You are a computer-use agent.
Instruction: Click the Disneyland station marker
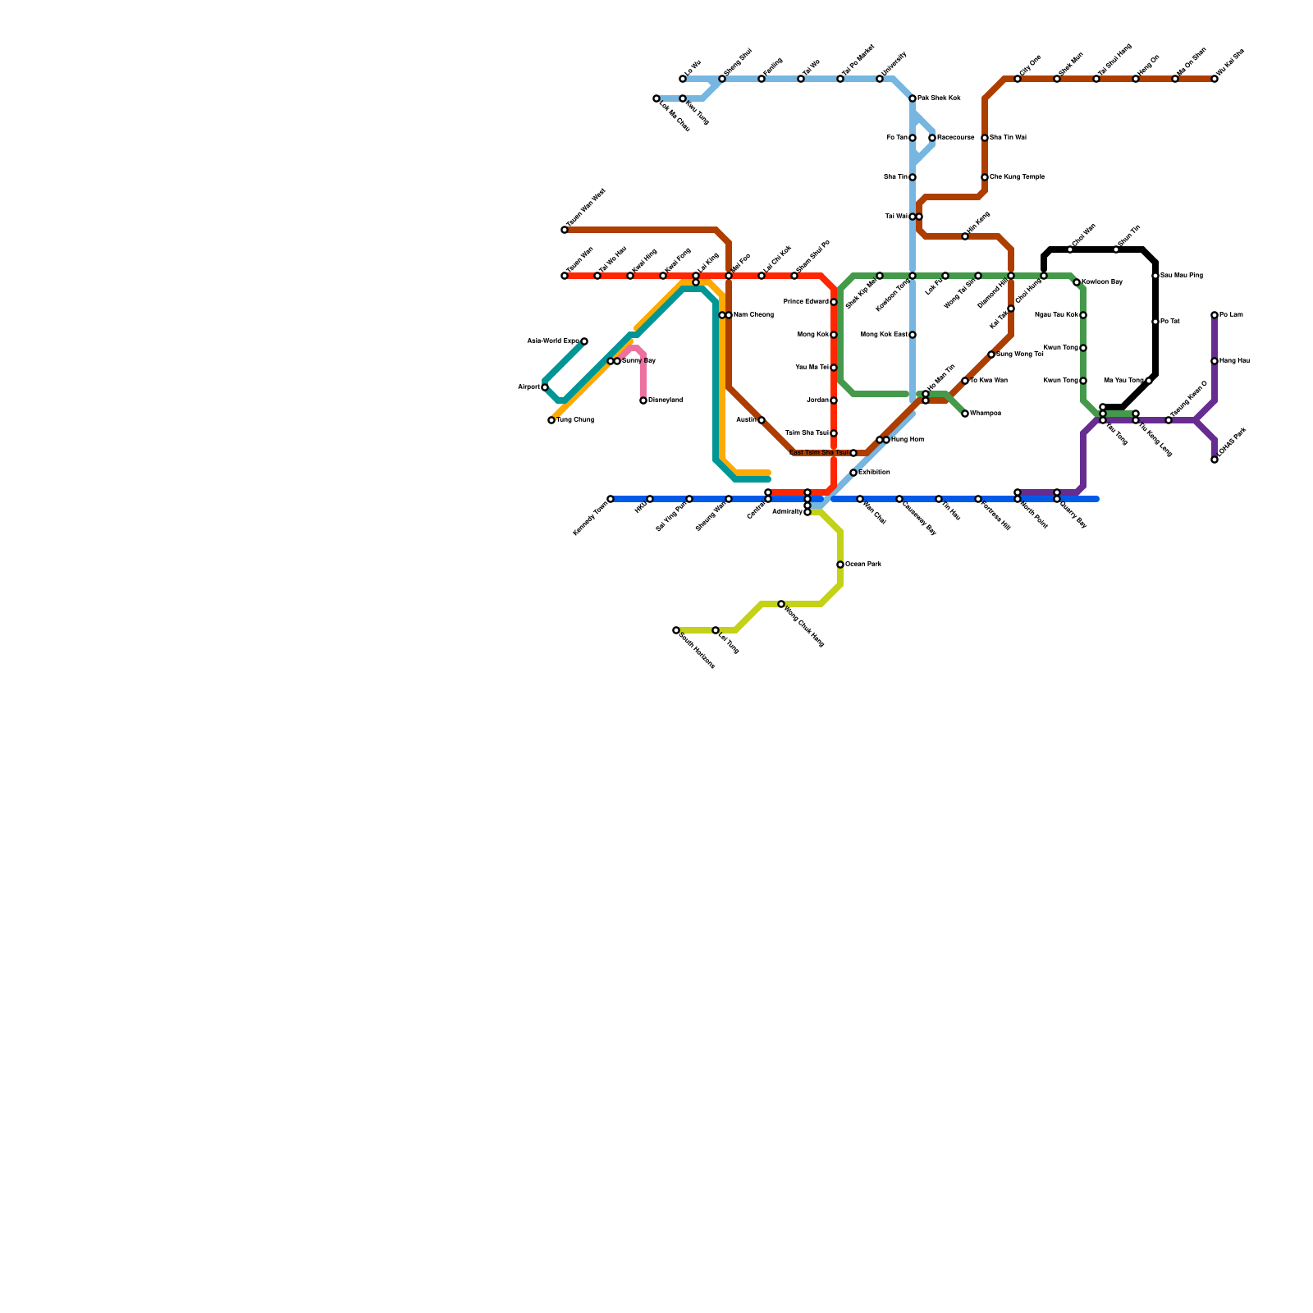tap(643, 400)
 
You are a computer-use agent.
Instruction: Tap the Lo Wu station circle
tap(683, 79)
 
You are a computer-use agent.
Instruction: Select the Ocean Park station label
tap(863, 565)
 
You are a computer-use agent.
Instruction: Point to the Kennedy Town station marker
tap(611, 499)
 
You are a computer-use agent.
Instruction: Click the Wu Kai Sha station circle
tap(1215, 79)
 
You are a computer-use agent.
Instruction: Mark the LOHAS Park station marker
tap(1215, 460)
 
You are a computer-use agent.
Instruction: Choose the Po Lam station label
tap(1231, 315)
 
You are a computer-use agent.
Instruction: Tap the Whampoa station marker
tap(965, 414)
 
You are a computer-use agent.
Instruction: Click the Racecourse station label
tap(956, 138)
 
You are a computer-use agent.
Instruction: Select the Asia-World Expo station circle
tap(584, 341)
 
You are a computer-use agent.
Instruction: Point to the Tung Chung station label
tap(575, 420)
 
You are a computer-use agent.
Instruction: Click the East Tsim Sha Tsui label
tap(819, 453)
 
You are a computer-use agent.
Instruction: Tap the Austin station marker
tap(762, 420)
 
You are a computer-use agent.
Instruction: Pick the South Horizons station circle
tap(676, 630)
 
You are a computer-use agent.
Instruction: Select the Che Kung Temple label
tap(1018, 177)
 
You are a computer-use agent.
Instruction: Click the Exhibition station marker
tap(853, 473)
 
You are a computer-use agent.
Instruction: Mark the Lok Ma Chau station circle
tap(656, 98)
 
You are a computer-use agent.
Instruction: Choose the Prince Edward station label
tap(806, 302)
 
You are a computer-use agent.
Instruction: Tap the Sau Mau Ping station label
tap(1183, 276)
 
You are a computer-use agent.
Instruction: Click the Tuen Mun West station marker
tap(565, 230)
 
